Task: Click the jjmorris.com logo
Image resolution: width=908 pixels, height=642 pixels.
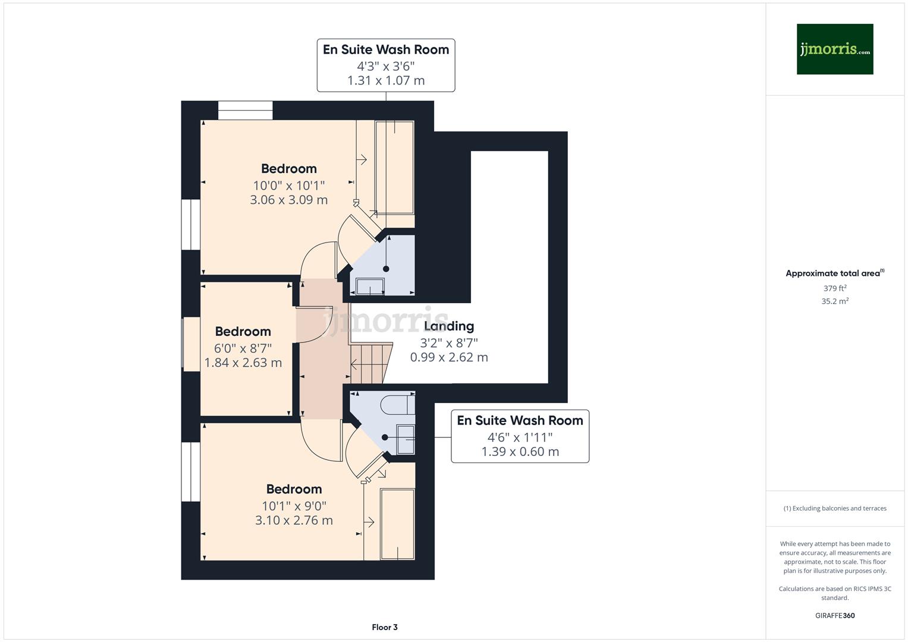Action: pos(834,49)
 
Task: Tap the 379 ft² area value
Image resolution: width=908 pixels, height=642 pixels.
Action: pos(835,288)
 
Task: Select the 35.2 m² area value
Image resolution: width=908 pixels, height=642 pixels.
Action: pos(835,301)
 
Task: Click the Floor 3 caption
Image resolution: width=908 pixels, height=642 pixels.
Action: pos(385,627)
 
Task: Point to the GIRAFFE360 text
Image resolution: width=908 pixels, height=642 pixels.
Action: pos(835,616)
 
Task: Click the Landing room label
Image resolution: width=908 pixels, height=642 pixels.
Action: pos(449,326)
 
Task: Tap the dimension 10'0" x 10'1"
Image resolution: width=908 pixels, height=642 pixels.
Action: pos(289,185)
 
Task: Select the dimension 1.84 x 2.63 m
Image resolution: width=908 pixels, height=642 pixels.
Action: pos(243,363)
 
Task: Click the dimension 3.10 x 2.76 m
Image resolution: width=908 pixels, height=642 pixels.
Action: pos(294,520)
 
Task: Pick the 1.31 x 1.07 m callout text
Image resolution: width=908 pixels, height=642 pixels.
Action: pos(386,80)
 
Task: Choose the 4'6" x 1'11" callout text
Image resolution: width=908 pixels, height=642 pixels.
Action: pos(520,437)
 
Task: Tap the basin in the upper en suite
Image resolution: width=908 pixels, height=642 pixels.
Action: pos(370,287)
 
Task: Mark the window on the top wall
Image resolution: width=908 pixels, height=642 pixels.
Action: pos(245,111)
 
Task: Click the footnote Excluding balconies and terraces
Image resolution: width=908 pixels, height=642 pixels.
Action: pos(835,508)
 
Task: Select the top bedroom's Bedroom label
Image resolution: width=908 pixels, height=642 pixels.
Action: pos(289,169)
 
